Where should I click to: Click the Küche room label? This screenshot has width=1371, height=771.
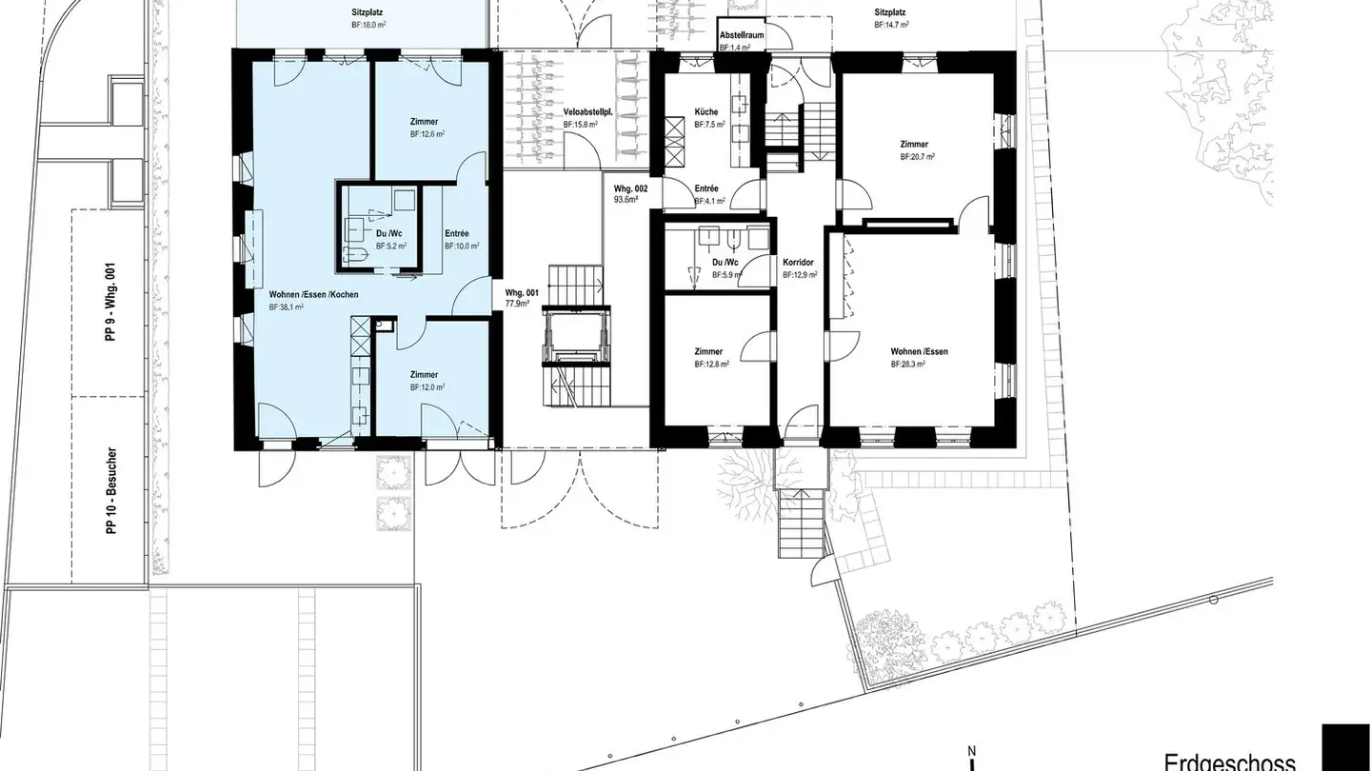pos(705,112)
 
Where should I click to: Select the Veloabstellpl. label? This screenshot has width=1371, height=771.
pos(587,112)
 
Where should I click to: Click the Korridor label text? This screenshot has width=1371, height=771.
pos(799,262)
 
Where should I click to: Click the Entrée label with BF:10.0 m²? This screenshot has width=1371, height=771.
pos(458,233)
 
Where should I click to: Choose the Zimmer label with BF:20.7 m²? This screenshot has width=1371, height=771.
pos(914,145)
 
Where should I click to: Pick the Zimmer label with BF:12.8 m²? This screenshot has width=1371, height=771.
pos(708,352)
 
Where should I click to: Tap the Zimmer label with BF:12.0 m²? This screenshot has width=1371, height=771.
pos(424,375)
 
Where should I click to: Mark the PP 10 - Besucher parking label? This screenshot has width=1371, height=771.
pos(111,492)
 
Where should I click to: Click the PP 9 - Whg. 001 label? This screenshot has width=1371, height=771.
pos(111,303)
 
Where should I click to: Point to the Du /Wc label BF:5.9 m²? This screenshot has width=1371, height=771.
pos(725,263)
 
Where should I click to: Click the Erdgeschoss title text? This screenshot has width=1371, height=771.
pos(1229,761)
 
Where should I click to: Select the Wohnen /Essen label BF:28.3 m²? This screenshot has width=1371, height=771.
pos(919,352)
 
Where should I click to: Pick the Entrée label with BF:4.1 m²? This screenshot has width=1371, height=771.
pos(706,188)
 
